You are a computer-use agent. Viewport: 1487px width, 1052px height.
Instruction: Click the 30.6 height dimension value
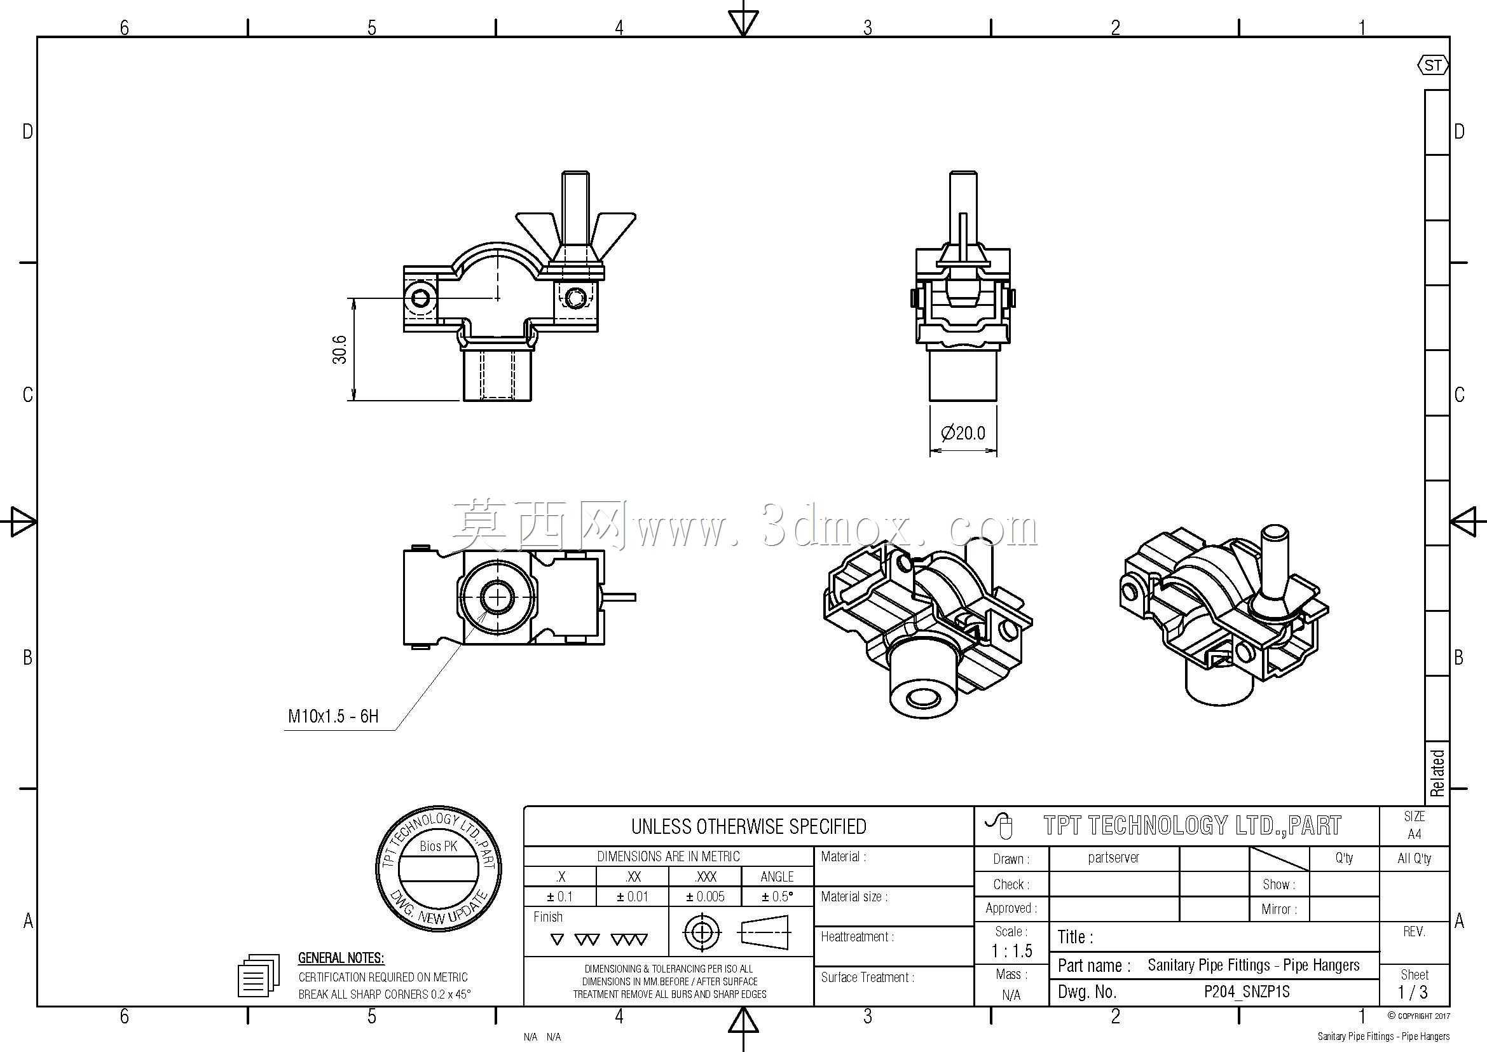coord(340,349)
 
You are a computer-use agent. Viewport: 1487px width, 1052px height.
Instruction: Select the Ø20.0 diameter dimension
coord(963,433)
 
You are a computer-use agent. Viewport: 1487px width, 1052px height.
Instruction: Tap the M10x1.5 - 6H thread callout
coord(333,716)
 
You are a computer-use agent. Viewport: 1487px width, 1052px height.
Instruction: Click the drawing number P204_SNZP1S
coord(1247,992)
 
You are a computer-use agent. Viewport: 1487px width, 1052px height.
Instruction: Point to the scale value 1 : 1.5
coord(1011,951)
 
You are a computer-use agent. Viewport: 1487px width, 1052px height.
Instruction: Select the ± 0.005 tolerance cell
coord(705,897)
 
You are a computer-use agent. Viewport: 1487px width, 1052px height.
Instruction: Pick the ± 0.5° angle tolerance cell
coord(777,897)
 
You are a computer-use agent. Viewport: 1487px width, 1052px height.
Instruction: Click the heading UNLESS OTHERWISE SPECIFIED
coord(749,827)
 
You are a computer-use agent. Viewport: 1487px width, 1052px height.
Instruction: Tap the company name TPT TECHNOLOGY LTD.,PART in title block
coord(1192,826)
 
